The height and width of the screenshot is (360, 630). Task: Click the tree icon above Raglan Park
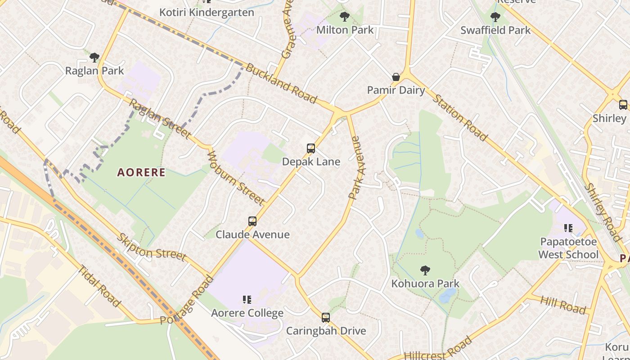pyautogui.click(x=94, y=58)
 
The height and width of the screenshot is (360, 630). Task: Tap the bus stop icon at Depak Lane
pyautogui.click(x=310, y=148)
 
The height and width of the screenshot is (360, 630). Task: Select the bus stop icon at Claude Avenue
pyautogui.click(x=252, y=221)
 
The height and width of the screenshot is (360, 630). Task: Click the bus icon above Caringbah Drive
pyautogui.click(x=326, y=318)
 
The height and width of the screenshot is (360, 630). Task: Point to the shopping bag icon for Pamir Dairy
pyautogui.click(x=396, y=77)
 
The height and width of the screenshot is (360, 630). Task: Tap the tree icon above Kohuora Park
pyautogui.click(x=425, y=270)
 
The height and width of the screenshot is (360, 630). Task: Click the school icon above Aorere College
pyautogui.click(x=247, y=300)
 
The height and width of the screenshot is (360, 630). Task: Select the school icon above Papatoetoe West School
pyautogui.click(x=568, y=229)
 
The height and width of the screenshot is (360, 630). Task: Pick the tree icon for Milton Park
pyautogui.click(x=345, y=17)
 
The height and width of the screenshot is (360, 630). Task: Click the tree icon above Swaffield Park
pyautogui.click(x=495, y=18)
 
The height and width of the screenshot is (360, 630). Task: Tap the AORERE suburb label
pyautogui.click(x=141, y=172)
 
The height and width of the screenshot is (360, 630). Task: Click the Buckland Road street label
pyautogui.click(x=281, y=84)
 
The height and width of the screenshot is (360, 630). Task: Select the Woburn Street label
pyautogui.click(x=235, y=177)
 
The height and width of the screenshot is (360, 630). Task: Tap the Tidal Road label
pyautogui.click(x=99, y=287)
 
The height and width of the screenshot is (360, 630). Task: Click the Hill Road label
pyautogui.click(x=563, y=305)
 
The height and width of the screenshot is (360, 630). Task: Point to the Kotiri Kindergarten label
pyautogui.click(x=207, y=12)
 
